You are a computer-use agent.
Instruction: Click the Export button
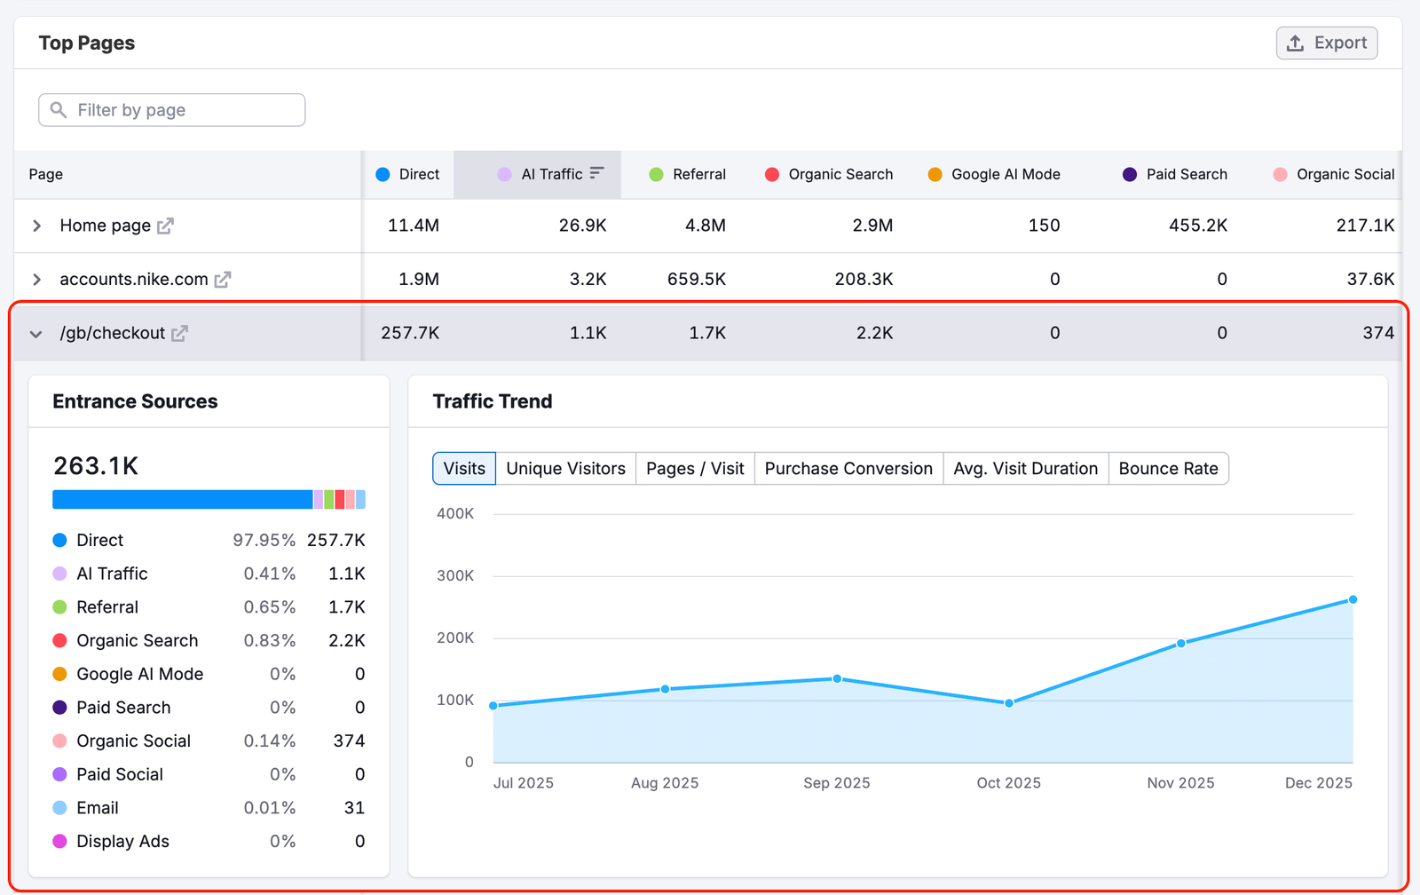(1326, 43)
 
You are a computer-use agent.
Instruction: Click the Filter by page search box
(172, 110)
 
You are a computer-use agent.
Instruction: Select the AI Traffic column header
(551, 175)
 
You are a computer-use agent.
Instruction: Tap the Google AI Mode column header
(1005, 175)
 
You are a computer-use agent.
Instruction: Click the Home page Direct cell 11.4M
(413, 226)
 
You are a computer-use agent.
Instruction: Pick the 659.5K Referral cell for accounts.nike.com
(696, 280)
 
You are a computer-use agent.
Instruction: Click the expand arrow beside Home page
(36, 226)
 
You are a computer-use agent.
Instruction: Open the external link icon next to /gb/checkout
(179, 334)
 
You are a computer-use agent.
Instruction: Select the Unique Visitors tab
(565, 469)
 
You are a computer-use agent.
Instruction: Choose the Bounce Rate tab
(1168, 469)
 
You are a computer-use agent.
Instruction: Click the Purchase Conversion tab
(848, 469)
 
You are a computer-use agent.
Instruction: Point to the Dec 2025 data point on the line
(1353, 600)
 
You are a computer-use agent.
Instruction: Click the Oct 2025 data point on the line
(1009, 703)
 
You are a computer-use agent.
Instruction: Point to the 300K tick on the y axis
(455, 576)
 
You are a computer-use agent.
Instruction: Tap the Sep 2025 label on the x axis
(836, 783)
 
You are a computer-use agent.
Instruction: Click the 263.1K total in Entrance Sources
(96, 466)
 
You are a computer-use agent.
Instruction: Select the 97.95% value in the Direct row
(264, 541)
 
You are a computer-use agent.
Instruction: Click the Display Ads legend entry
(122, 842)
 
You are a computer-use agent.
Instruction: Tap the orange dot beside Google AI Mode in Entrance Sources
(59, 675)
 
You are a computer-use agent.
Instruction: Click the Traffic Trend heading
(493, 401)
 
